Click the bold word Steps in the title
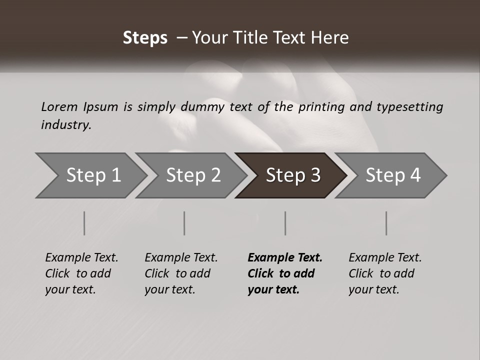tap(145, 38)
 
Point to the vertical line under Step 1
tap(84, 223)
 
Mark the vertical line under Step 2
tap(184, 223)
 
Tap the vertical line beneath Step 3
tap(285, 223)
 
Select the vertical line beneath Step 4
tap(386, 223)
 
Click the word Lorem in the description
tap(59, 106)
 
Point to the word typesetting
tap(409, 106)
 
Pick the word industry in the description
tap(66, 125)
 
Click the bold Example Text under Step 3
tap(285, 258)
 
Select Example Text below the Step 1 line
tap(81, 258)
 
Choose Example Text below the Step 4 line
tap(385, 258)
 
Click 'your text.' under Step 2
tap(169, 289)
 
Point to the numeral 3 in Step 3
tap(315, 175)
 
